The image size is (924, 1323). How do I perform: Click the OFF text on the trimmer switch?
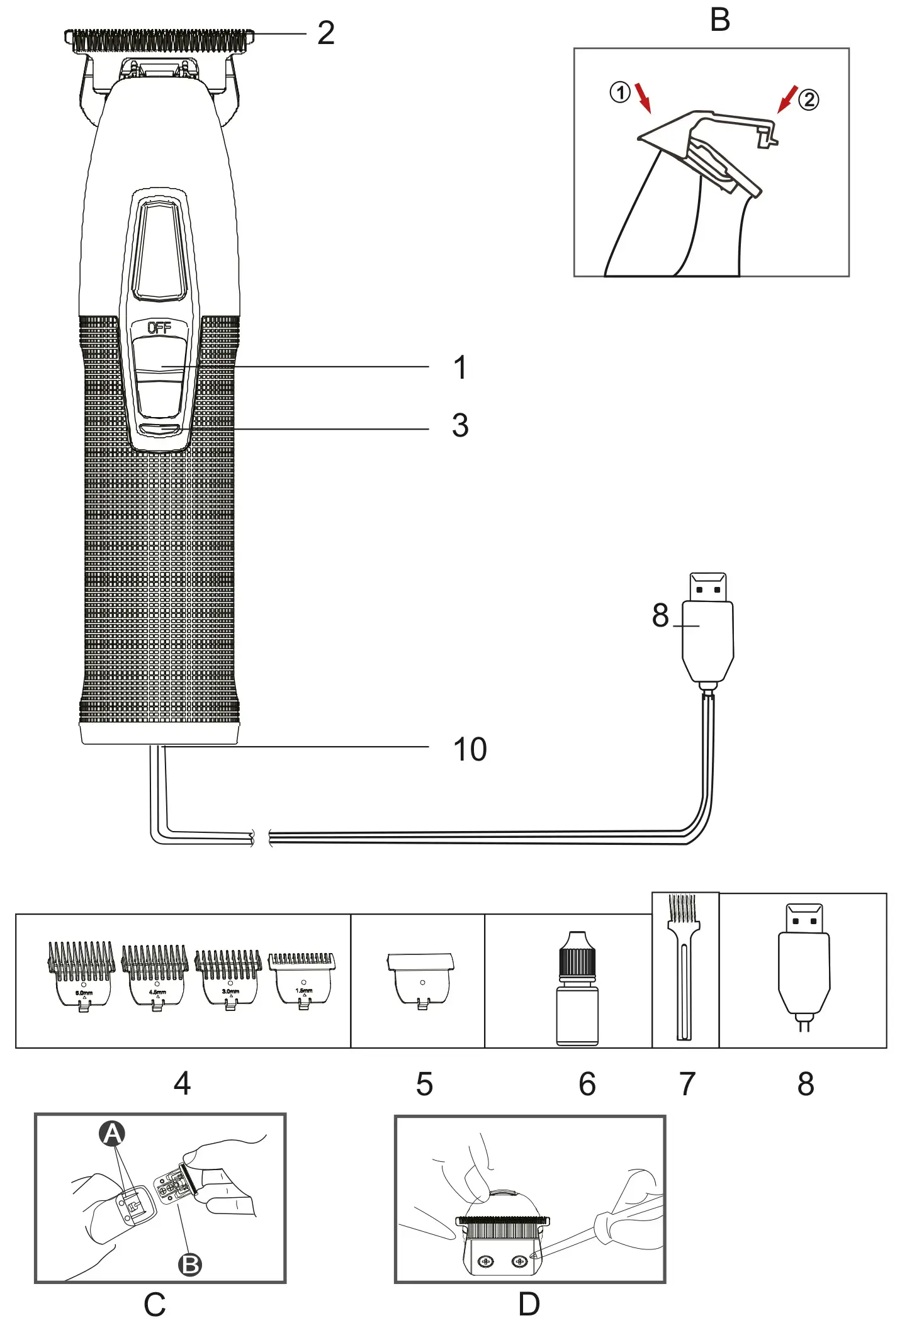(x=159, y=328)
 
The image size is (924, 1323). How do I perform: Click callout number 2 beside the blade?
(x=325, y=33)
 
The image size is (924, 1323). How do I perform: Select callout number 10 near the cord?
(x=470, y=749)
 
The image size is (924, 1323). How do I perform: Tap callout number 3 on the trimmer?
(x=460, y=426)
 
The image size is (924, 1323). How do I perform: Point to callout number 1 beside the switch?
(x=460, y=367)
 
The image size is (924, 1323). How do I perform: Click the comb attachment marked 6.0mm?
(x=82, y=975)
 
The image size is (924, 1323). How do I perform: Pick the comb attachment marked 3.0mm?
(x=229, y=978)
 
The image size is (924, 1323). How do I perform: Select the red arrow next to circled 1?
(x=643, y=98)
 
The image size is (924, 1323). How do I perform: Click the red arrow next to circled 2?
(x=787, y=99)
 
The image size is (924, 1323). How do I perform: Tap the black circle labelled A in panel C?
(x=112, y=1134)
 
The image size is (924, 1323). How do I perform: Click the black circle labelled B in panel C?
(x=190, y=1264)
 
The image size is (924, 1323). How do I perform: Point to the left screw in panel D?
(x=485, y=1262)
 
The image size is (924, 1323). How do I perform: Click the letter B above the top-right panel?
(x=719, y=20)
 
